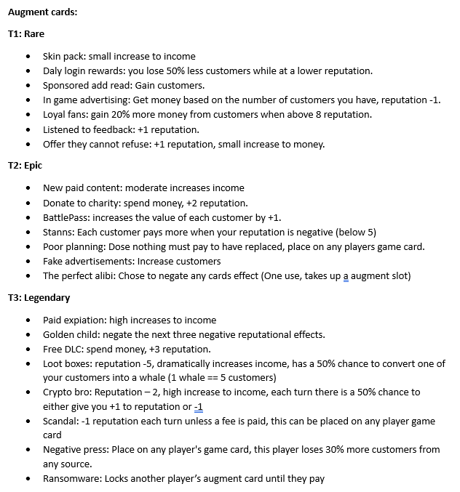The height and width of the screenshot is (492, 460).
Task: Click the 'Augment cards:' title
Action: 42,12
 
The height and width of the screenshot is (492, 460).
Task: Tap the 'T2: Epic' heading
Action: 25,166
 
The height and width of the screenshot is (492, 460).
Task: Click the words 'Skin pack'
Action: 64,56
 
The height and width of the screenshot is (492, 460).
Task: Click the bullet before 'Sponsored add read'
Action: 28,86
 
